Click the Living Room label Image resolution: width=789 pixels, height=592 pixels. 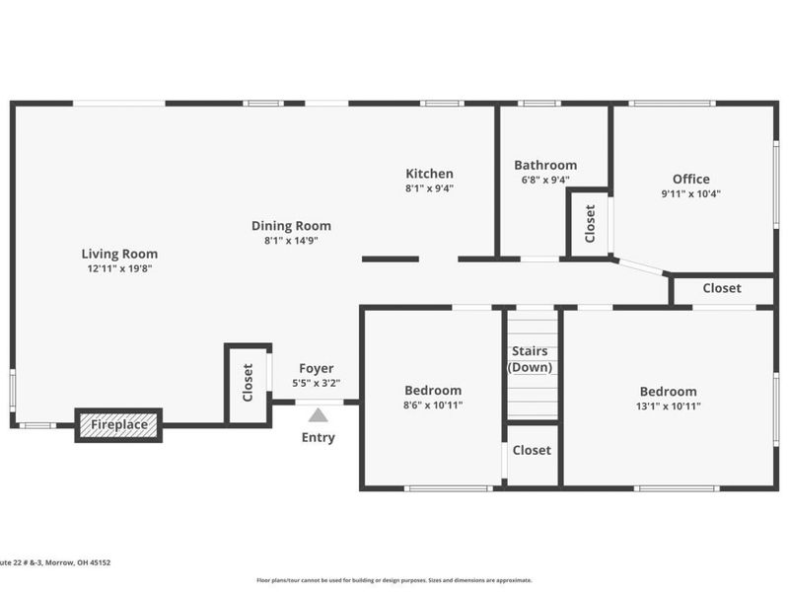[x=119, y=254]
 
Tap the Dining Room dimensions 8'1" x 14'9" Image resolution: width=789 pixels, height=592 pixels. [x=291, y=241]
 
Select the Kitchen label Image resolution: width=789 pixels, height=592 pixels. [x=429, y=174]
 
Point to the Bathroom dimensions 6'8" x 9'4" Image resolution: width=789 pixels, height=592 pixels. [x=545, y=180]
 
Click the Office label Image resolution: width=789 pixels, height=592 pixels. [x=691, y=180]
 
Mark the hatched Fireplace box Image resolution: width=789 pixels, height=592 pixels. [x=118, y=425]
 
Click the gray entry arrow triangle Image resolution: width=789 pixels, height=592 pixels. [x=318, y=415]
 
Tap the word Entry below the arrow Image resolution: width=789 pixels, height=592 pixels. [x=318, y=437]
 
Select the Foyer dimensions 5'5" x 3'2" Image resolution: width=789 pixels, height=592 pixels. [x=316, y=383]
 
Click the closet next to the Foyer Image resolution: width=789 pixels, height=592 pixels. [x=249, y=385]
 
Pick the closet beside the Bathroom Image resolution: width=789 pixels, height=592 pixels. [x=589, y=224]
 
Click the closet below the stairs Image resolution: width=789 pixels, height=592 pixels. [x=532, y=454]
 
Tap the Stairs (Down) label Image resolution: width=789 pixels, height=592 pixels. [x=530, y=359]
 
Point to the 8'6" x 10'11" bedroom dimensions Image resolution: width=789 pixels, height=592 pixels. [x=433, y=406]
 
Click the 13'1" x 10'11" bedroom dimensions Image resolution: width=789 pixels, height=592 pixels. [x=669, y=407]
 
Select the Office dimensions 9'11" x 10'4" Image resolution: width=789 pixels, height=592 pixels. [x=691, y=193]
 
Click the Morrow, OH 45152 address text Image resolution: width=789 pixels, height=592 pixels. [x=78, y=562]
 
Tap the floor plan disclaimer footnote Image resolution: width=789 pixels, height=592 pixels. [x=394, y=580]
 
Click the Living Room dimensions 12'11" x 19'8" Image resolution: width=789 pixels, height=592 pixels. [x=119, y=268]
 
